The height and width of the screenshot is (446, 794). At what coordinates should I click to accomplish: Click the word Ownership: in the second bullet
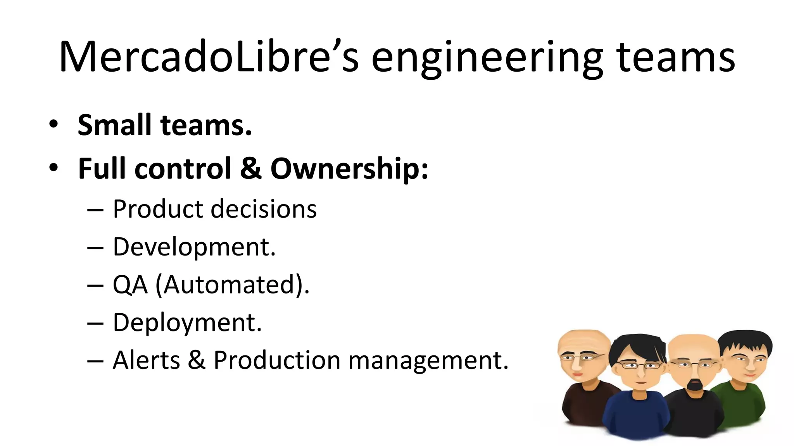tap(349, 169)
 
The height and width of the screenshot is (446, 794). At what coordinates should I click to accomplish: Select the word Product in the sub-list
tap(157, 209)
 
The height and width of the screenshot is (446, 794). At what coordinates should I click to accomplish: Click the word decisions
tap(264, 209)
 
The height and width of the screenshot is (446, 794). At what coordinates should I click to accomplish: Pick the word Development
tap(194, 247)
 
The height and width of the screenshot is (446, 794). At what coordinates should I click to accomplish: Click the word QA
tap(130, 285)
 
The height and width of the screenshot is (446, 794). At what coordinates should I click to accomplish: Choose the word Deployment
tap(187, 322)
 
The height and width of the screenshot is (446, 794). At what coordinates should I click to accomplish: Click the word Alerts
tap(146, 360)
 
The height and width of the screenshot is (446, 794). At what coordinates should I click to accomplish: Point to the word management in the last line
tap(428, 360)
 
